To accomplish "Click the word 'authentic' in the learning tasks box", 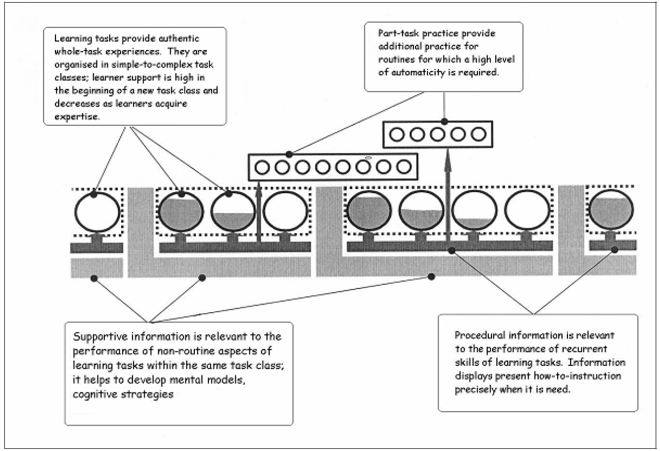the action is point(179,39).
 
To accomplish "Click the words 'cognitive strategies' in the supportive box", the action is point(123,394).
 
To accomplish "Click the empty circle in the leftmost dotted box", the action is point(97,212).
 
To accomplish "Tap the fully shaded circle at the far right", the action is point(611,209).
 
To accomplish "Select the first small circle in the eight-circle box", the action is point(262,167).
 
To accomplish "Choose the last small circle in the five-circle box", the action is point(478,135).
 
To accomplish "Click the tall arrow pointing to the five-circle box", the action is point(448,197).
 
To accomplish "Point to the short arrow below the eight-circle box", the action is point(259,212).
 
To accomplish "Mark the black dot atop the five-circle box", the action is point(444,122).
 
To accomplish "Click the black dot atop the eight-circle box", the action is point(289,154).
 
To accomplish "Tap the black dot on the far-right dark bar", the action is point(614,250).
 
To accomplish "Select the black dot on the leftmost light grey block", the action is point(94,278).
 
